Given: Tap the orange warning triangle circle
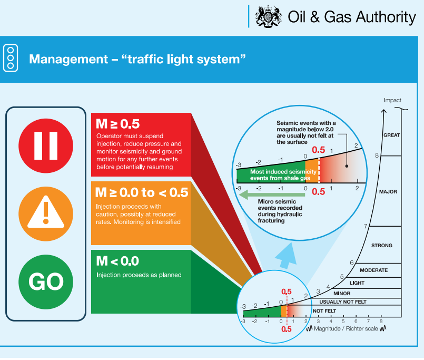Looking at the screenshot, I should [46, 213].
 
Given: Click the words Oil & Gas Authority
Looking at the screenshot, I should [352, 17].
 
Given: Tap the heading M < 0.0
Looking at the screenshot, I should [117, 261].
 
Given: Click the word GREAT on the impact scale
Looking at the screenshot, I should [391, 135].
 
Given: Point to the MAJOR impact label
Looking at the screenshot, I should [388, 192].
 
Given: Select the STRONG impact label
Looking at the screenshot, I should [382, 246].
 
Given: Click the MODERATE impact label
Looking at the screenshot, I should [373, 270].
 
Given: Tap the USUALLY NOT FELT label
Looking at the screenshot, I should [343, 302].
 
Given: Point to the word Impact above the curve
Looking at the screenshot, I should [392, 100].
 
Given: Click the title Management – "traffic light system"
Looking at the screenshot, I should [137, 59].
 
